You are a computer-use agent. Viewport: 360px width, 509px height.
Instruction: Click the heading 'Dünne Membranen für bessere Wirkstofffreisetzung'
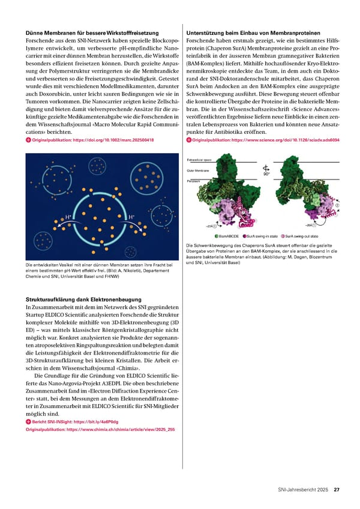92,32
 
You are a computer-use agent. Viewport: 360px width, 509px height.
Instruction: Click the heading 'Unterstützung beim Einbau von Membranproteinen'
253,32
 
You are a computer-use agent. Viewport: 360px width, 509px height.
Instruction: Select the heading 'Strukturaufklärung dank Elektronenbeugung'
83,299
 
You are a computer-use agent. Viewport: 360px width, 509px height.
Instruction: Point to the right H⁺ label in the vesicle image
131,217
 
